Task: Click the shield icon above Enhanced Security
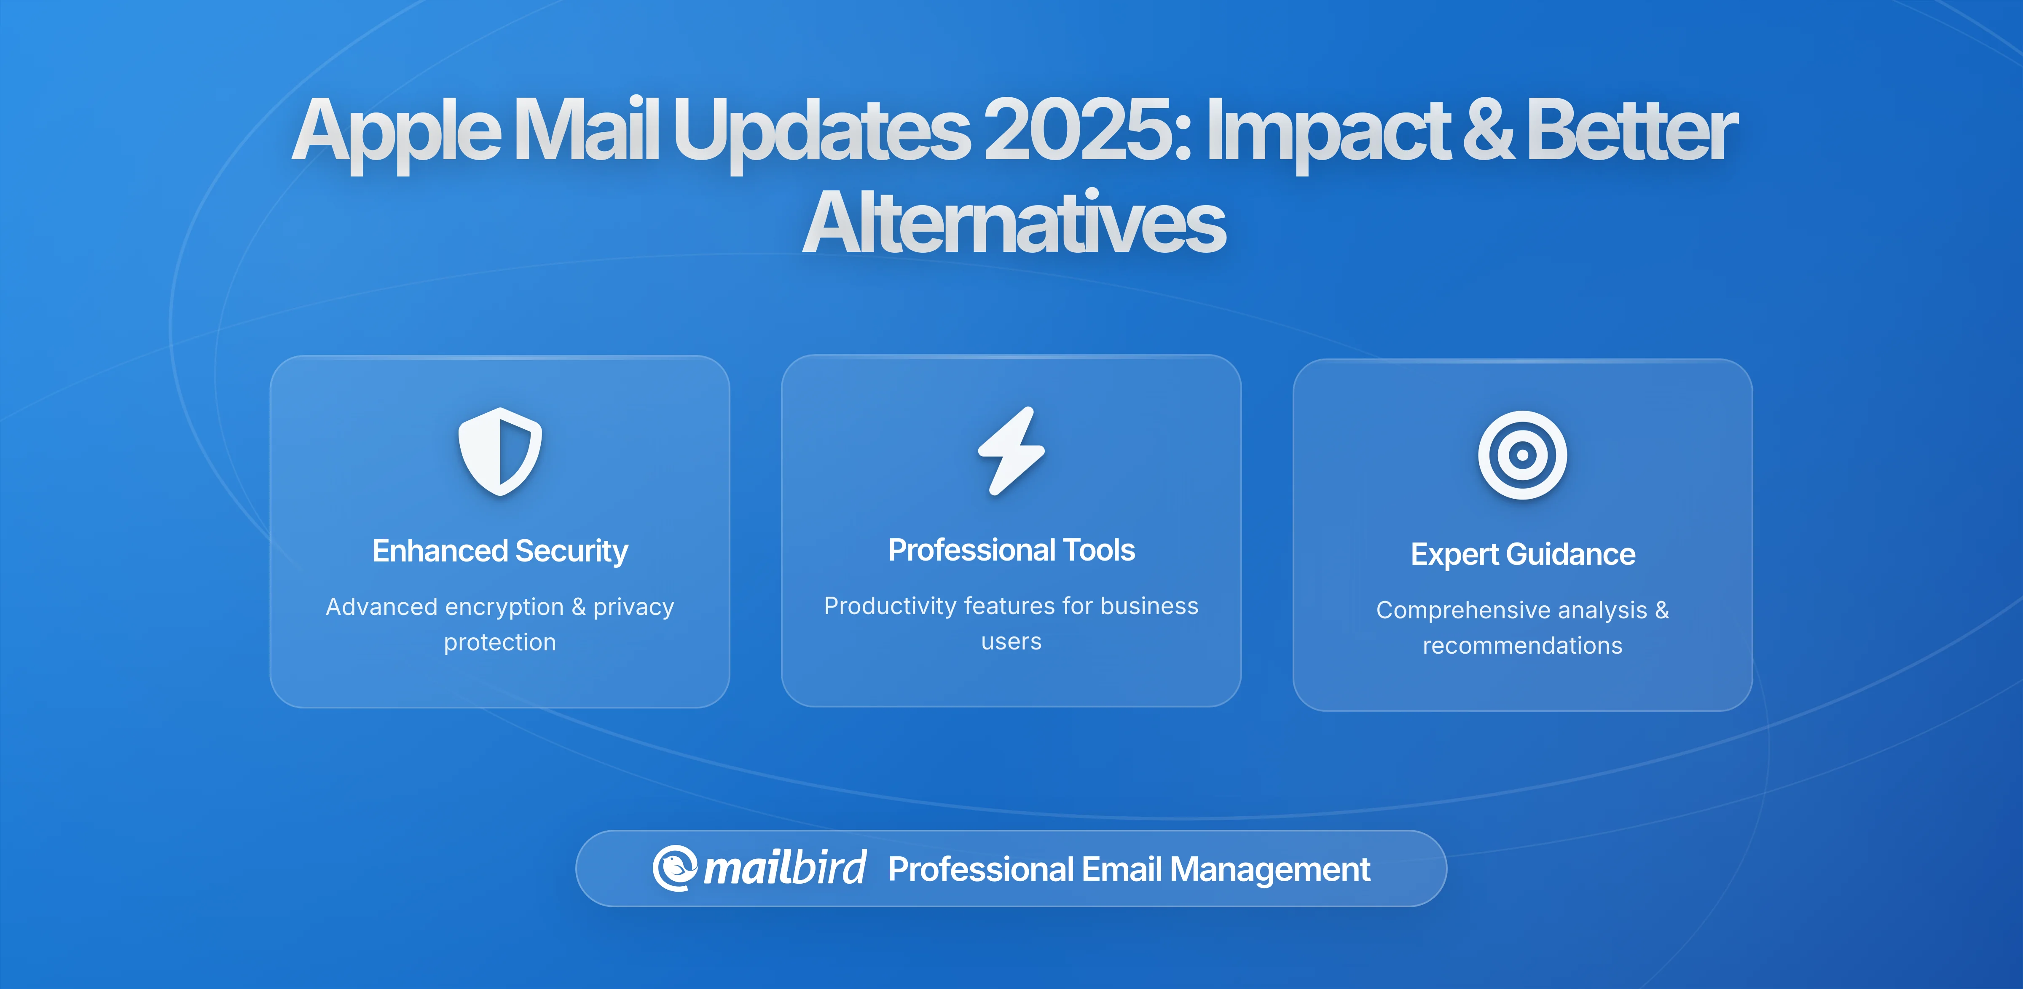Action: pyautogui.click(x=500, y=452)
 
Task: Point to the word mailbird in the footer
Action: pyautogui.click(x=784, y=868)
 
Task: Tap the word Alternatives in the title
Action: pyautogui.click(x=1013, y=224)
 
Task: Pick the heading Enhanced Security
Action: pyautogui.click(x=500, y=551)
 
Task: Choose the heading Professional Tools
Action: pyautogui.click(x=1011, y=550)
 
